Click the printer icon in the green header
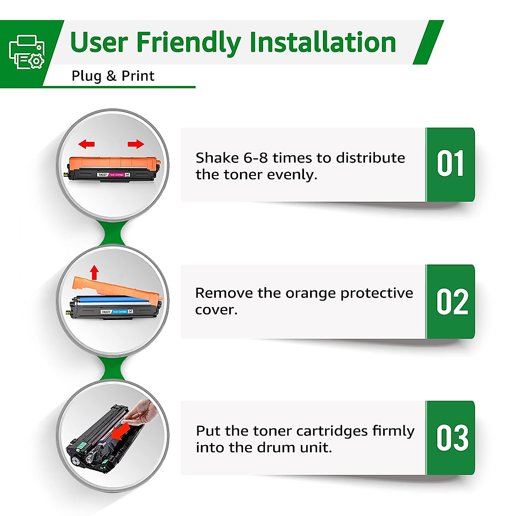[x=27, y=52]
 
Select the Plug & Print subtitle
[x=113, y=76]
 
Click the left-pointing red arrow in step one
[x=87, y=144]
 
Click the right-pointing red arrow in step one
[x=136, y=144]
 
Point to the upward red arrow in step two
[x=95, y=273]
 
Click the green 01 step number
[x=450, y=164]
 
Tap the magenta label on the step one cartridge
[x=116, y=175]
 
